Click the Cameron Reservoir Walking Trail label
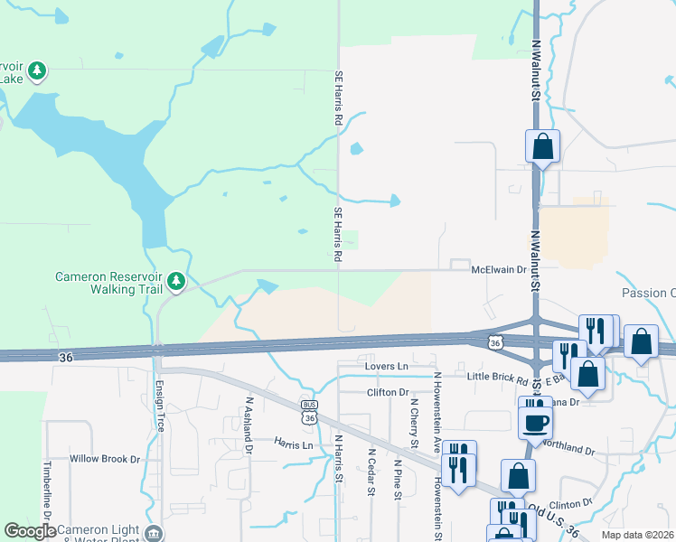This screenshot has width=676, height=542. (x=108, y=283)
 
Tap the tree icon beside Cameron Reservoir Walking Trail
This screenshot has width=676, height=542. (x=176, y=283)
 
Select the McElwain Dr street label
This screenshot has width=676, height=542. (x=498, y=269)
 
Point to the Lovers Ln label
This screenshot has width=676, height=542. (x=387, y=367)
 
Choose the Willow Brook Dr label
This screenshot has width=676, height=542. (x=106, y=459)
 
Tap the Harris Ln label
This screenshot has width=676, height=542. (x=295, y=444)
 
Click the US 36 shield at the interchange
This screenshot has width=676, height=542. (x=494, y=341)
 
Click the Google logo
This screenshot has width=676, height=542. (x=30, y=531)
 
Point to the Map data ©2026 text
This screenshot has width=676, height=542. (x=637, y=535)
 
